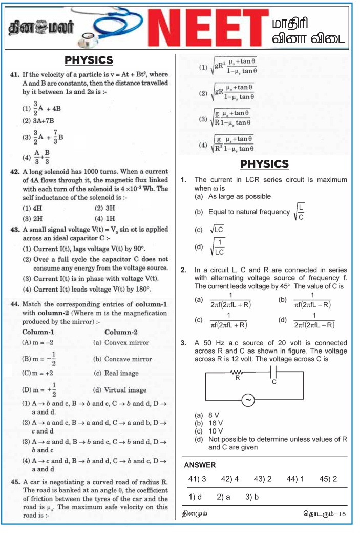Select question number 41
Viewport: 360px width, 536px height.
[15, 74]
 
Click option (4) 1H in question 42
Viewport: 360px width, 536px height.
[105, 218]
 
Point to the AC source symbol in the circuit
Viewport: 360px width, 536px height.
[248, 401]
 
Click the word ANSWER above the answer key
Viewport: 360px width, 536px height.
[199, 465]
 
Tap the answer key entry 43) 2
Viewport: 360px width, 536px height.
[262, 479]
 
